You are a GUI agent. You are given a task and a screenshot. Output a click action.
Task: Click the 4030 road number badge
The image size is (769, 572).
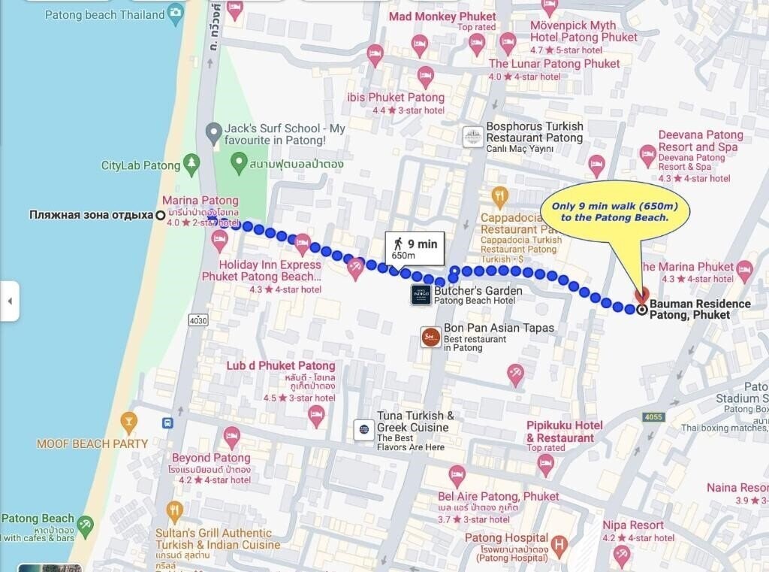pyautogui.click(x=198, y=320)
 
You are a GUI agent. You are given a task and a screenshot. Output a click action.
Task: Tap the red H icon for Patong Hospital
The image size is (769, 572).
pyautogui.click(x=559, y=543)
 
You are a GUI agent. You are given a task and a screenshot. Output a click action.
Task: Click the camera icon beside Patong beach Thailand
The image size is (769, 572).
pyautogui.click(x=175, y=13)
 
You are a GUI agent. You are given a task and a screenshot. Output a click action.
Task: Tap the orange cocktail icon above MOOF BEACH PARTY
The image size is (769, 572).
pyautogui.click(x=129, y=422)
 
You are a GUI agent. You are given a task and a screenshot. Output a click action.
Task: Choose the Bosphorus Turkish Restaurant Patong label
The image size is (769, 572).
pyautogui.click(x=534, y=132)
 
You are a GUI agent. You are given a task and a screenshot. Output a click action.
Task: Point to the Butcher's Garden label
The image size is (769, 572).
pyautogui.click(x=478, y=292)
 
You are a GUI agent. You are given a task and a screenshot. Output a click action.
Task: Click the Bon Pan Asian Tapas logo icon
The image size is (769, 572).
pyautogui.click(x=430, y=337)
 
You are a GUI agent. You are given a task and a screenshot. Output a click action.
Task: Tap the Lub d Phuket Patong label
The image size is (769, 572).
pyautogui.click(x=281, y=366)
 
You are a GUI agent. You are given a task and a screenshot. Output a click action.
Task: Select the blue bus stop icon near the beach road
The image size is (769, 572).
pyautogui.click(x=167, y=423)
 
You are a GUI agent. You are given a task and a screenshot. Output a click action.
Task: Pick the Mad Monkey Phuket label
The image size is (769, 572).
pyautogui.click(x=442, y=17)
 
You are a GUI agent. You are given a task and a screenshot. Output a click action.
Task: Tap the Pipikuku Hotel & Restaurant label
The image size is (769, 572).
pyautogui.click(x=565, y=431)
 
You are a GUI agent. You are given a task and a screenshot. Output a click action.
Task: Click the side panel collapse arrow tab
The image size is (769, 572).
pyautogui.click(x=9, y=301)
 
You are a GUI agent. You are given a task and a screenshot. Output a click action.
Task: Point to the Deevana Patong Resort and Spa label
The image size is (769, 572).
pyautogui.click(x=700, y=141)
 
